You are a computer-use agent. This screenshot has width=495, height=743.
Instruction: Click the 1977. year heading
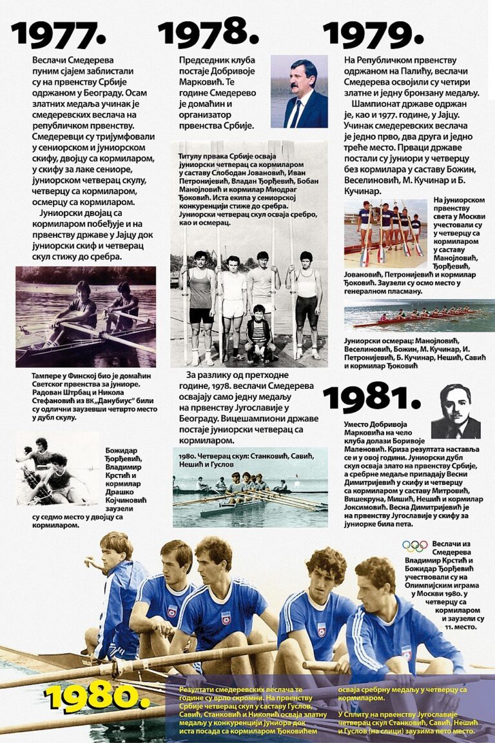[59, 34]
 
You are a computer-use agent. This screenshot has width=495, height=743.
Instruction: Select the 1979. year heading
[373, 34]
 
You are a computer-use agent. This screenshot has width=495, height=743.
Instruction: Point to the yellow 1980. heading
[97, 697]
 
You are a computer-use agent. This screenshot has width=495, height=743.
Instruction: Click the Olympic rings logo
[414, 546]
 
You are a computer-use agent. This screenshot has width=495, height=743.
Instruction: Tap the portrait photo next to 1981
[456, 411]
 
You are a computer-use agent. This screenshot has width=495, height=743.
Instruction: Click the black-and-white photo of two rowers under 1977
[86, 317]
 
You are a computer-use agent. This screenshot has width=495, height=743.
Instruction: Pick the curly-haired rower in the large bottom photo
[326, 567]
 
